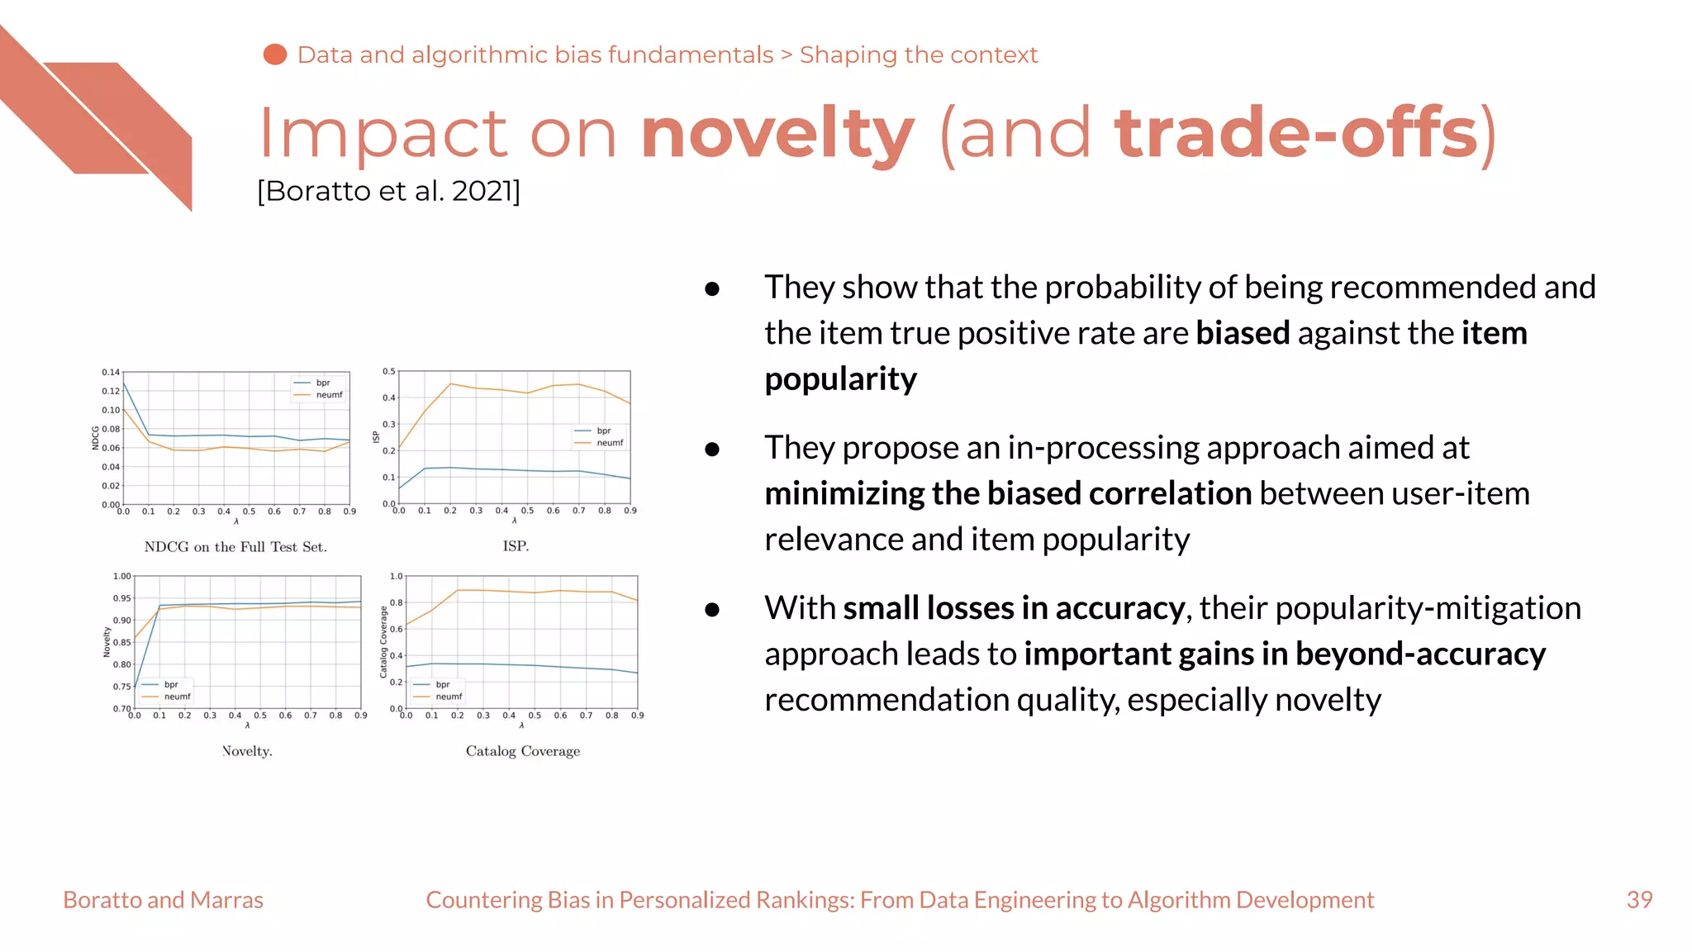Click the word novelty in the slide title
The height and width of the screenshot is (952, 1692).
click(x=777, y=134)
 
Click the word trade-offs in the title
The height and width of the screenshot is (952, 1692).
click(x=1295, y=134)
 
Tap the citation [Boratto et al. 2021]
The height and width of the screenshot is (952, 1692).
click(x=388, y=191)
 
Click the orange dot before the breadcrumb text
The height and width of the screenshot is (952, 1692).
click(x=274, y=55)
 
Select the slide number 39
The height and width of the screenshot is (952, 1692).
click(x=1639, y=899)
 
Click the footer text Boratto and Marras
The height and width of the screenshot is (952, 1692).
click(x=163, y=899)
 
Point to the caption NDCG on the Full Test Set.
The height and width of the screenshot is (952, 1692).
click(x=235, y=546)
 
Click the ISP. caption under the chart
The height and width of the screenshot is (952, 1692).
click(x=516, y=545)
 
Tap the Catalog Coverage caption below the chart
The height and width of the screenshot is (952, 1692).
click(x=522, y=750)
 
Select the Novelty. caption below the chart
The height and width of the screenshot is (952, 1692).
click(x=247, y=750)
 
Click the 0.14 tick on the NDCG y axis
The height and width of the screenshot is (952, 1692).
click(x=111, y=372)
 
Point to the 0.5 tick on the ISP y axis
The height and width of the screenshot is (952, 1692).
click(x=388, y=371)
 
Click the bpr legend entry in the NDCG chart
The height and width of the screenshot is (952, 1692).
click(x=322, y=383)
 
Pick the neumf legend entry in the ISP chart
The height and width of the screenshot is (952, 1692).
click(x=609, y=443)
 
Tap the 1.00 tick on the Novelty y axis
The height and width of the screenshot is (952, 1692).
click(x=121, y=576)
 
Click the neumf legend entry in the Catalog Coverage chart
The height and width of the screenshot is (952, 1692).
click(x=448, y=697)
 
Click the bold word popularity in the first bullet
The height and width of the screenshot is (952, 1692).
click(x=840, y=378)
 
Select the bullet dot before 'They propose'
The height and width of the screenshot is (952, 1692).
click(x=712, y=449)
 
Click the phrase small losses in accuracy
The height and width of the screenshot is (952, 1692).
click(x=1014, y=607)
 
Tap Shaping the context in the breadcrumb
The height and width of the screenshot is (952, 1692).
click(x=918, y=55)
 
